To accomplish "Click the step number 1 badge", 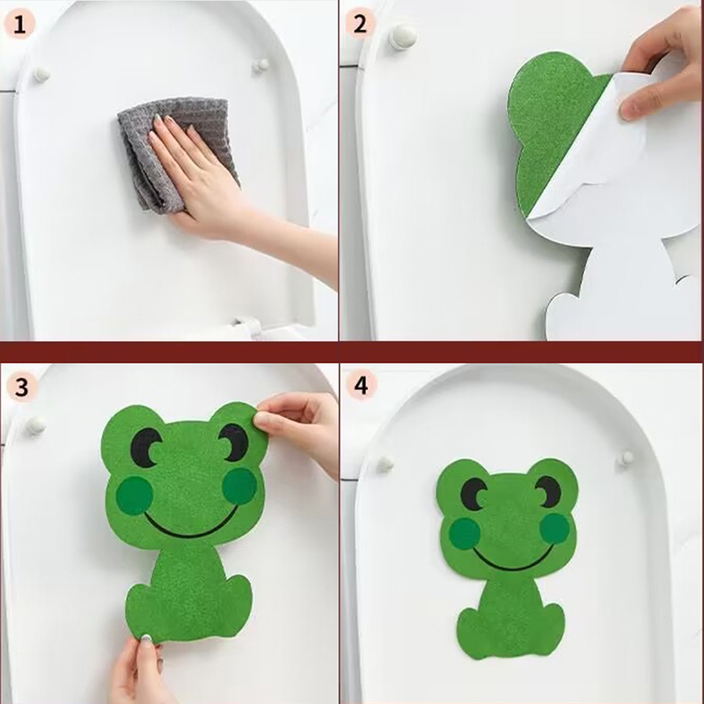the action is pyautogui.click(x=18, y=25).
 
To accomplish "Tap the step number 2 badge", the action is pyautogui.click(x=360, y=25).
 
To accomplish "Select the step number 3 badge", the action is pyautogui.click(x=21, y=386).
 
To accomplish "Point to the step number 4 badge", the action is pyautogui.click(x=362, y=385).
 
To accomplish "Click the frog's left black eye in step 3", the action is pyautogui.click(x=145, y=446).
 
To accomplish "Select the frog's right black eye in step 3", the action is pyautogui.click(x=233, y=442).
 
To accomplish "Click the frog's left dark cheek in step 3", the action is pyautogui.click(x=135, y=495).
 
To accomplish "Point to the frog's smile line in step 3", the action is pyautogui.click(x=190, y=530).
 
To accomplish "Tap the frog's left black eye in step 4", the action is pyautogui.click(x=473, y=494).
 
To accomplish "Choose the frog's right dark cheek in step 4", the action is pyautogui.click(x=555, y=527).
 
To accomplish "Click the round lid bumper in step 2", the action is pyautogui.click(x=403, y=36).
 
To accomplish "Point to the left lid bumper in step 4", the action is pyautogui.click(x=385, y=464).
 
